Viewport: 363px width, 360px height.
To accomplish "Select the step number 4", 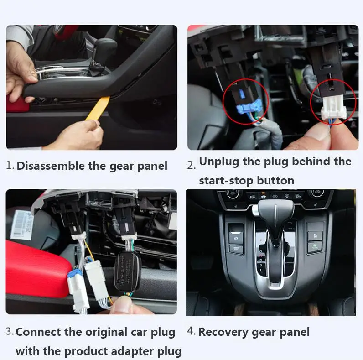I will pos(191,332).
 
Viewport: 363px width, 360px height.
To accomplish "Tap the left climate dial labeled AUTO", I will pos(229,193).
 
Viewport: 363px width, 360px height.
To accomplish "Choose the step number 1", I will pos(10,166).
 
